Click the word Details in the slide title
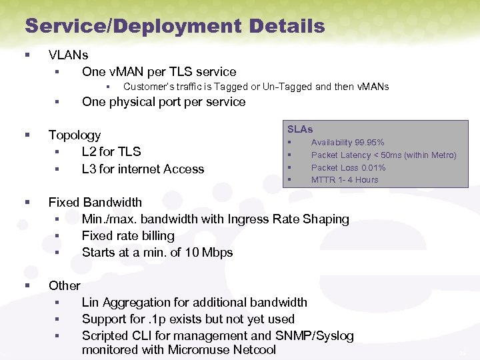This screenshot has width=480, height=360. point(287,27)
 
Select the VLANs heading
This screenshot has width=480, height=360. point(68,55)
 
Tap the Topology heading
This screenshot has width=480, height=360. point(75,135)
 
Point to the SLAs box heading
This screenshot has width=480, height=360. point(300,129)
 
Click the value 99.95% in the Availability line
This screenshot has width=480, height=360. point(369,143)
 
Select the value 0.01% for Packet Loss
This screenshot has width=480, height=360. point(373,168)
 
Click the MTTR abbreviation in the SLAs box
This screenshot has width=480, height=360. point(323,180)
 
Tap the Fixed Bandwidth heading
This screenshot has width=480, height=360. point(95,202)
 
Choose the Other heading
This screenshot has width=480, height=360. point(65,285)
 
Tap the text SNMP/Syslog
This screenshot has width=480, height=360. point(314,336)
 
